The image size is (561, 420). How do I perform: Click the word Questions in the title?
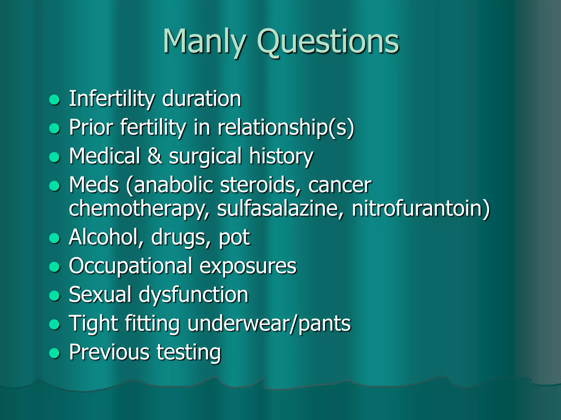pos(328,42)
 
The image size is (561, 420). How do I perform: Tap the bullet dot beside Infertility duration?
pos(54,100)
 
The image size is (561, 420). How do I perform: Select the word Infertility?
pos(112,99)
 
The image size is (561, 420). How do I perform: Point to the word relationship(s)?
pos(286,127)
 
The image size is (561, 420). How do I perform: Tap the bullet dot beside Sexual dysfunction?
pos(54,296)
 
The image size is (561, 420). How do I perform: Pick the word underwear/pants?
pos(269,324)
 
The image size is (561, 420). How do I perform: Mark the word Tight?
pos(93,324)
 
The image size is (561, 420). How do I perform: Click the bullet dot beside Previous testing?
pos(54,353)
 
